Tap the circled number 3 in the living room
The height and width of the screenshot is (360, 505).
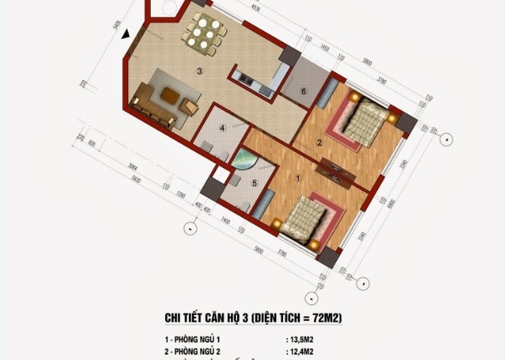tap(200, 71)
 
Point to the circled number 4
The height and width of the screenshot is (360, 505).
tap(222, 128)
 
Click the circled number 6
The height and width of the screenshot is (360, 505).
tap(303, 91)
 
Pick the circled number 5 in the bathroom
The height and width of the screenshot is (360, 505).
tap(254, 182)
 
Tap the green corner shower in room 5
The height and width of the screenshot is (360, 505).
tap(243, 162)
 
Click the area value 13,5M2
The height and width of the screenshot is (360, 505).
tap(301, 338)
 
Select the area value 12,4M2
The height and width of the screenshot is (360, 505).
tap(301, 351)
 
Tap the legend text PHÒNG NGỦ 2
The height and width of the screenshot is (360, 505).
tap(200, 351)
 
